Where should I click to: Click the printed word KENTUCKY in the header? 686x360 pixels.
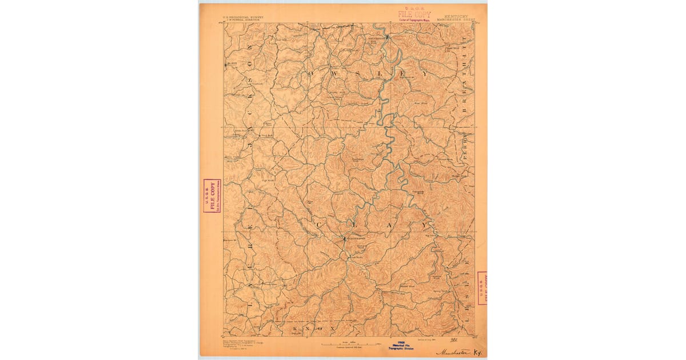[x=456, y=16]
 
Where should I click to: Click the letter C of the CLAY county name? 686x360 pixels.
[x=323, y=226]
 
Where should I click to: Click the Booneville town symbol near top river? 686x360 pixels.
[x=387, y=37]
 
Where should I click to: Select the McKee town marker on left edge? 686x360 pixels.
[x=226, y=63]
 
